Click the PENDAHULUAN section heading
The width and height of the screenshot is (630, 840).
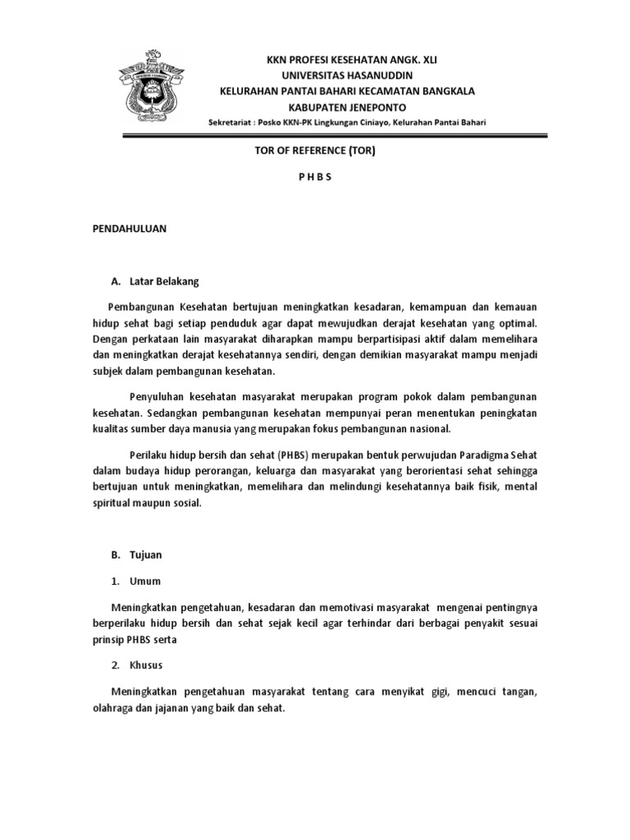point(129,230)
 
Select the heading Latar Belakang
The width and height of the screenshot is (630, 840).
point(164,281)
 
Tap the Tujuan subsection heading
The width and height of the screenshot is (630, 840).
point(146,555)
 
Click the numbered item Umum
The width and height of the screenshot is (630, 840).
point(145,581)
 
